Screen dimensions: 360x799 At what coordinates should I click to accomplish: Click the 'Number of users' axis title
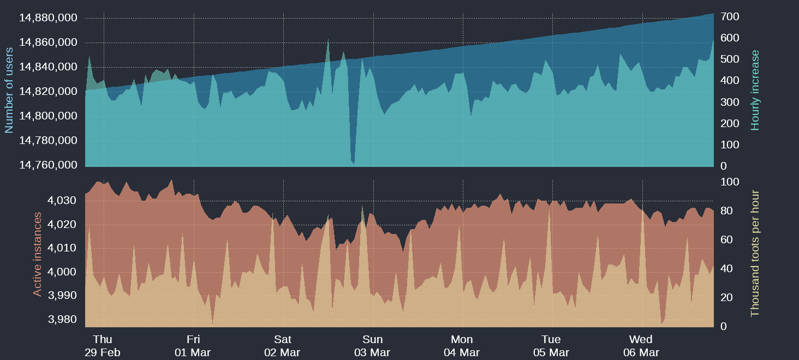click(x=9, y=90)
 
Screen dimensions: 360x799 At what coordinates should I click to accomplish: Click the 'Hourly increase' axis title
click(x=755, y=90)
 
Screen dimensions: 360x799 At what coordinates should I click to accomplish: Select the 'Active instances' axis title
click(x=38, y=254)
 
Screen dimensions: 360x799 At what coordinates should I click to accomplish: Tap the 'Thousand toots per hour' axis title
click(x=755, y=254)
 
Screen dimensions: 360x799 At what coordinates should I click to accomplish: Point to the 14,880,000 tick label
click(x=48, y=18)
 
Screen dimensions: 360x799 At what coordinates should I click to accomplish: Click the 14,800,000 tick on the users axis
click(x=48, y=116)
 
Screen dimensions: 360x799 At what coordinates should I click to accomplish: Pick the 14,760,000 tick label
click(x=48, y=165)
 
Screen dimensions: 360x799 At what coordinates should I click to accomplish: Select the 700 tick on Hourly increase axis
click(x=730, y=17)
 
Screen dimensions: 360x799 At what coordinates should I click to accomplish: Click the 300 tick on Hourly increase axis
click(x=730, y=103)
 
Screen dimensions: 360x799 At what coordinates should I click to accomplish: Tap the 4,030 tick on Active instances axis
click(x=63, y=201)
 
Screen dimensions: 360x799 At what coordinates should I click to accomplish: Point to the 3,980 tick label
click(x=63, y=320)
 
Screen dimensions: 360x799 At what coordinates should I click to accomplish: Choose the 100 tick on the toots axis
click(x=730, y=182)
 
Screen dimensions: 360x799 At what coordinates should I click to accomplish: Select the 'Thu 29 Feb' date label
click(x=103, y=346)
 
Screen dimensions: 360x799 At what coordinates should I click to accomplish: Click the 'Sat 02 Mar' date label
click(x=282, y=346)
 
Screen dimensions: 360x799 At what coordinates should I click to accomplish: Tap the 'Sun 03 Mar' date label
click(x=372, y=346)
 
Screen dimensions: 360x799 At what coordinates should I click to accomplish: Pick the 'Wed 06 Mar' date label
click(x=641, y=346)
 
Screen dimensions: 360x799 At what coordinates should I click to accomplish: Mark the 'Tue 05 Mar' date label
click(x=551, y=346)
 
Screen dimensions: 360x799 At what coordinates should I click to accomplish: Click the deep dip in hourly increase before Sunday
click(x=353, y=161)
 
